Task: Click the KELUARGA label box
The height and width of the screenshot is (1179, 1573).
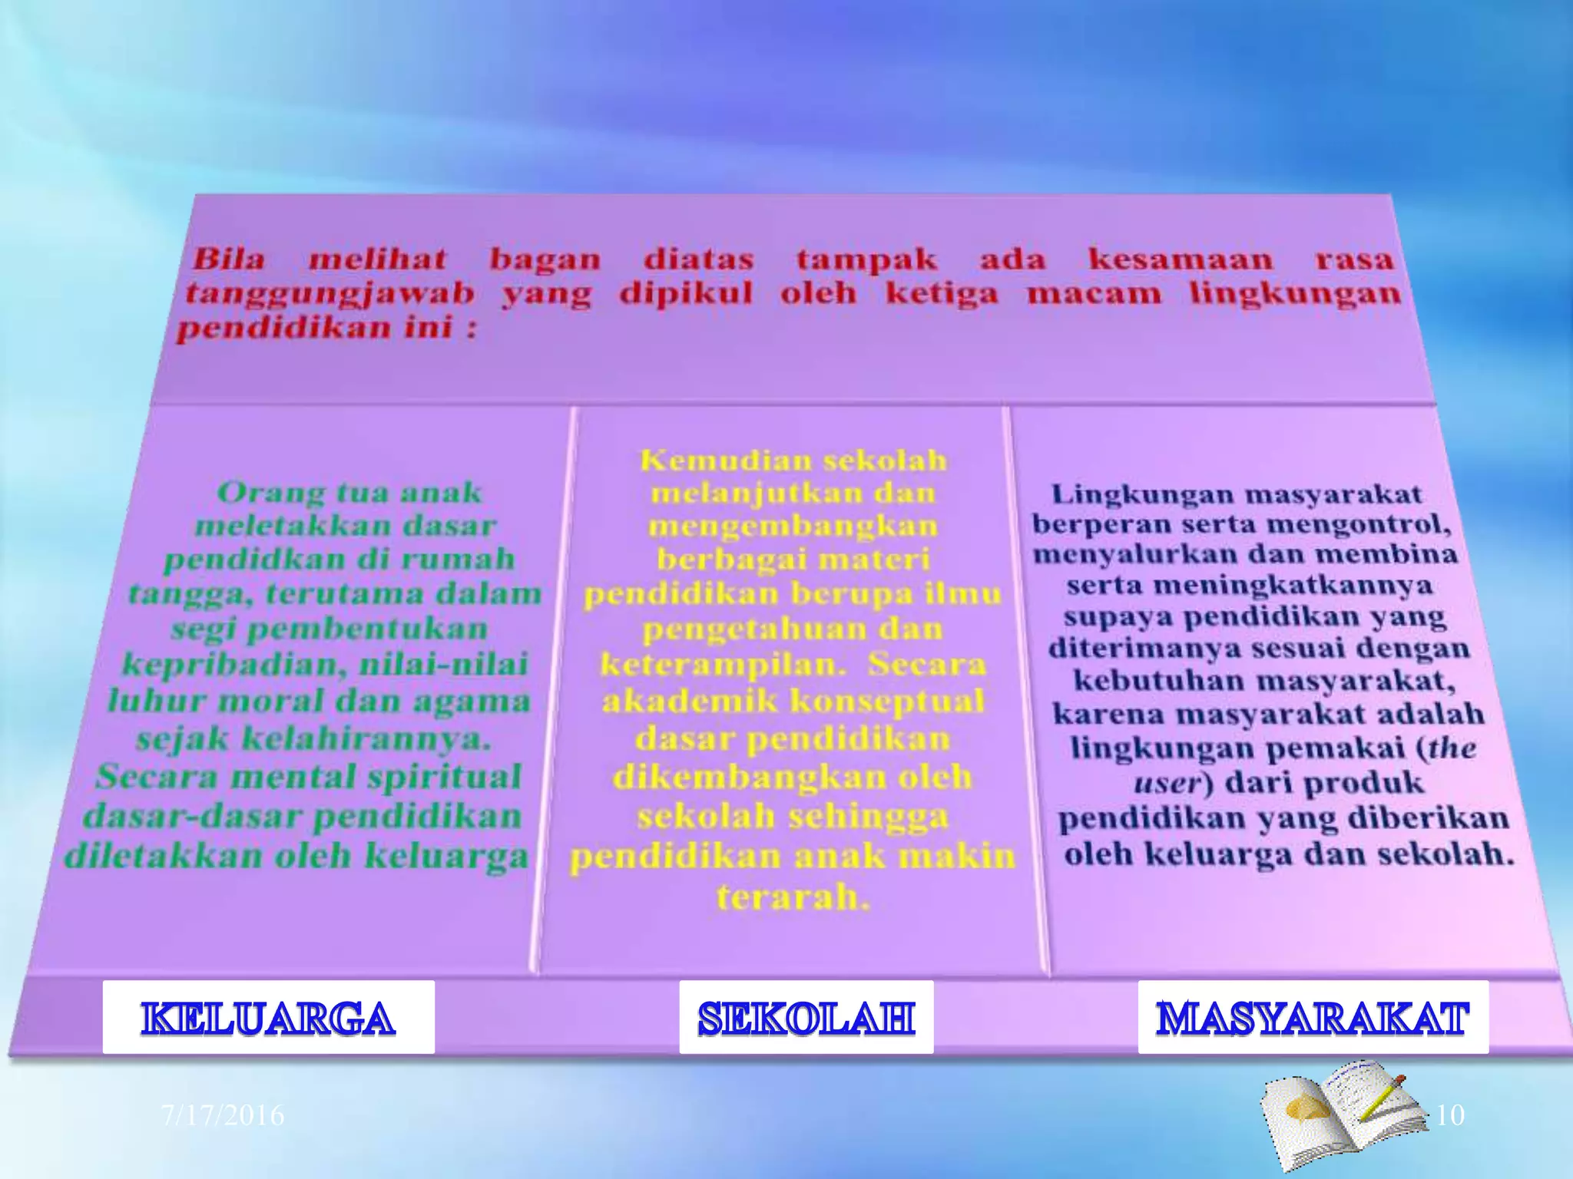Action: coord(268,1017)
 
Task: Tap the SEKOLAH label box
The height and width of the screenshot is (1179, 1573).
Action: coord(806,1017)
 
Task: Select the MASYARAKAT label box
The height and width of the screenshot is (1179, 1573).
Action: coord(1313,1017)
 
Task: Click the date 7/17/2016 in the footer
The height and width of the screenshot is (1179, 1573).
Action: coord(223,1115)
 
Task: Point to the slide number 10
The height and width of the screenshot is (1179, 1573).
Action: coord(1449,1115)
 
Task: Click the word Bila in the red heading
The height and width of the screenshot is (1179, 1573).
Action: coord(229,259)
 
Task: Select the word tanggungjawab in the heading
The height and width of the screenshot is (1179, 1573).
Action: coord(330,294)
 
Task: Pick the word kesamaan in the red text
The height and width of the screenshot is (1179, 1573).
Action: coord(1181,259)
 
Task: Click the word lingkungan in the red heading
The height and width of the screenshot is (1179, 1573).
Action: coord(1295,294)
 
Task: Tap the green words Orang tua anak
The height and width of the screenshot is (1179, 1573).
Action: coord(349,492)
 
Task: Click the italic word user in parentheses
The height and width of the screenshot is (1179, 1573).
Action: coord(1166,784)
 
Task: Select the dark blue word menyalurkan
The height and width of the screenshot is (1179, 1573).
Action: coord(1134,554)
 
